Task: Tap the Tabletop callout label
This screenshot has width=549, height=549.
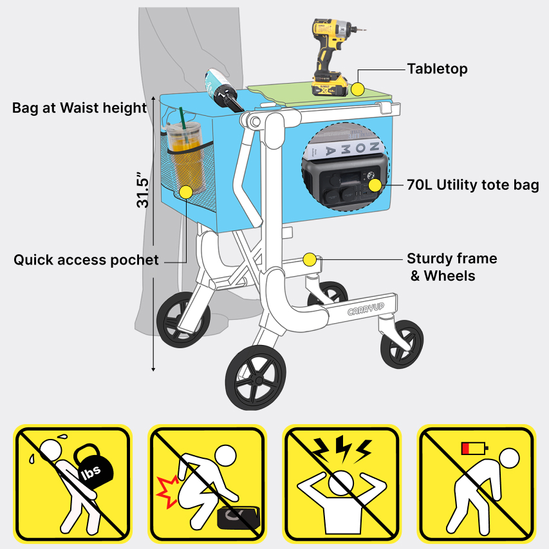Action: pyautogui.click(x=437, y=69)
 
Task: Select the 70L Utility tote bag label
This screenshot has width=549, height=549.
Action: pyautogui.click(x=472, y=185)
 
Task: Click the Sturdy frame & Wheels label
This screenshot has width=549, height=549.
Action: pyautogui.click(x=452, y=267)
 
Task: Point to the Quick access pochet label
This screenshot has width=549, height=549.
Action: pyautogui.click(x=86, y=260)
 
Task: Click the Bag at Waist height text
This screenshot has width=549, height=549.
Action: pyautogui.click(x=79, y=108)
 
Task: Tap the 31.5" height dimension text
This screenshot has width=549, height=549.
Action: pyautogui.click(x=143, y=190)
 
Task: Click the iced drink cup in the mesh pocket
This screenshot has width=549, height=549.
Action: pyautogui.click(x=185, y=158)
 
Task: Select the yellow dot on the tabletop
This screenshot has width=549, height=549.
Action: pyautogui.click(x=357, y=89)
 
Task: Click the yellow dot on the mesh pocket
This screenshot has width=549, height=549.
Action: pyautogui.click(x=186, y=192)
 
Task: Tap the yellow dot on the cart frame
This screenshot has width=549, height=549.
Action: pyautogui.click(x=310, y=260)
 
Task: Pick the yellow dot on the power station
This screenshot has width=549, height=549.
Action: pyautogui.click(x=375, y=185)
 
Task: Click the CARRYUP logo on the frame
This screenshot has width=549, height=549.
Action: pyautogui.click(x=366, y=309)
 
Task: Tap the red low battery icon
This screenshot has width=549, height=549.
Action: pyautogui.click(x=475, y=449)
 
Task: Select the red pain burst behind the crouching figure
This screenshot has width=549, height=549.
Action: pyautogui.click(x=167, y=492)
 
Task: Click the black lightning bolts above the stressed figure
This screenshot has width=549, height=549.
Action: pyautogui.click(x=342, y=449)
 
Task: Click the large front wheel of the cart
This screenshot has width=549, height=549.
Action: pyautogui.click(x=256, y=378)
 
